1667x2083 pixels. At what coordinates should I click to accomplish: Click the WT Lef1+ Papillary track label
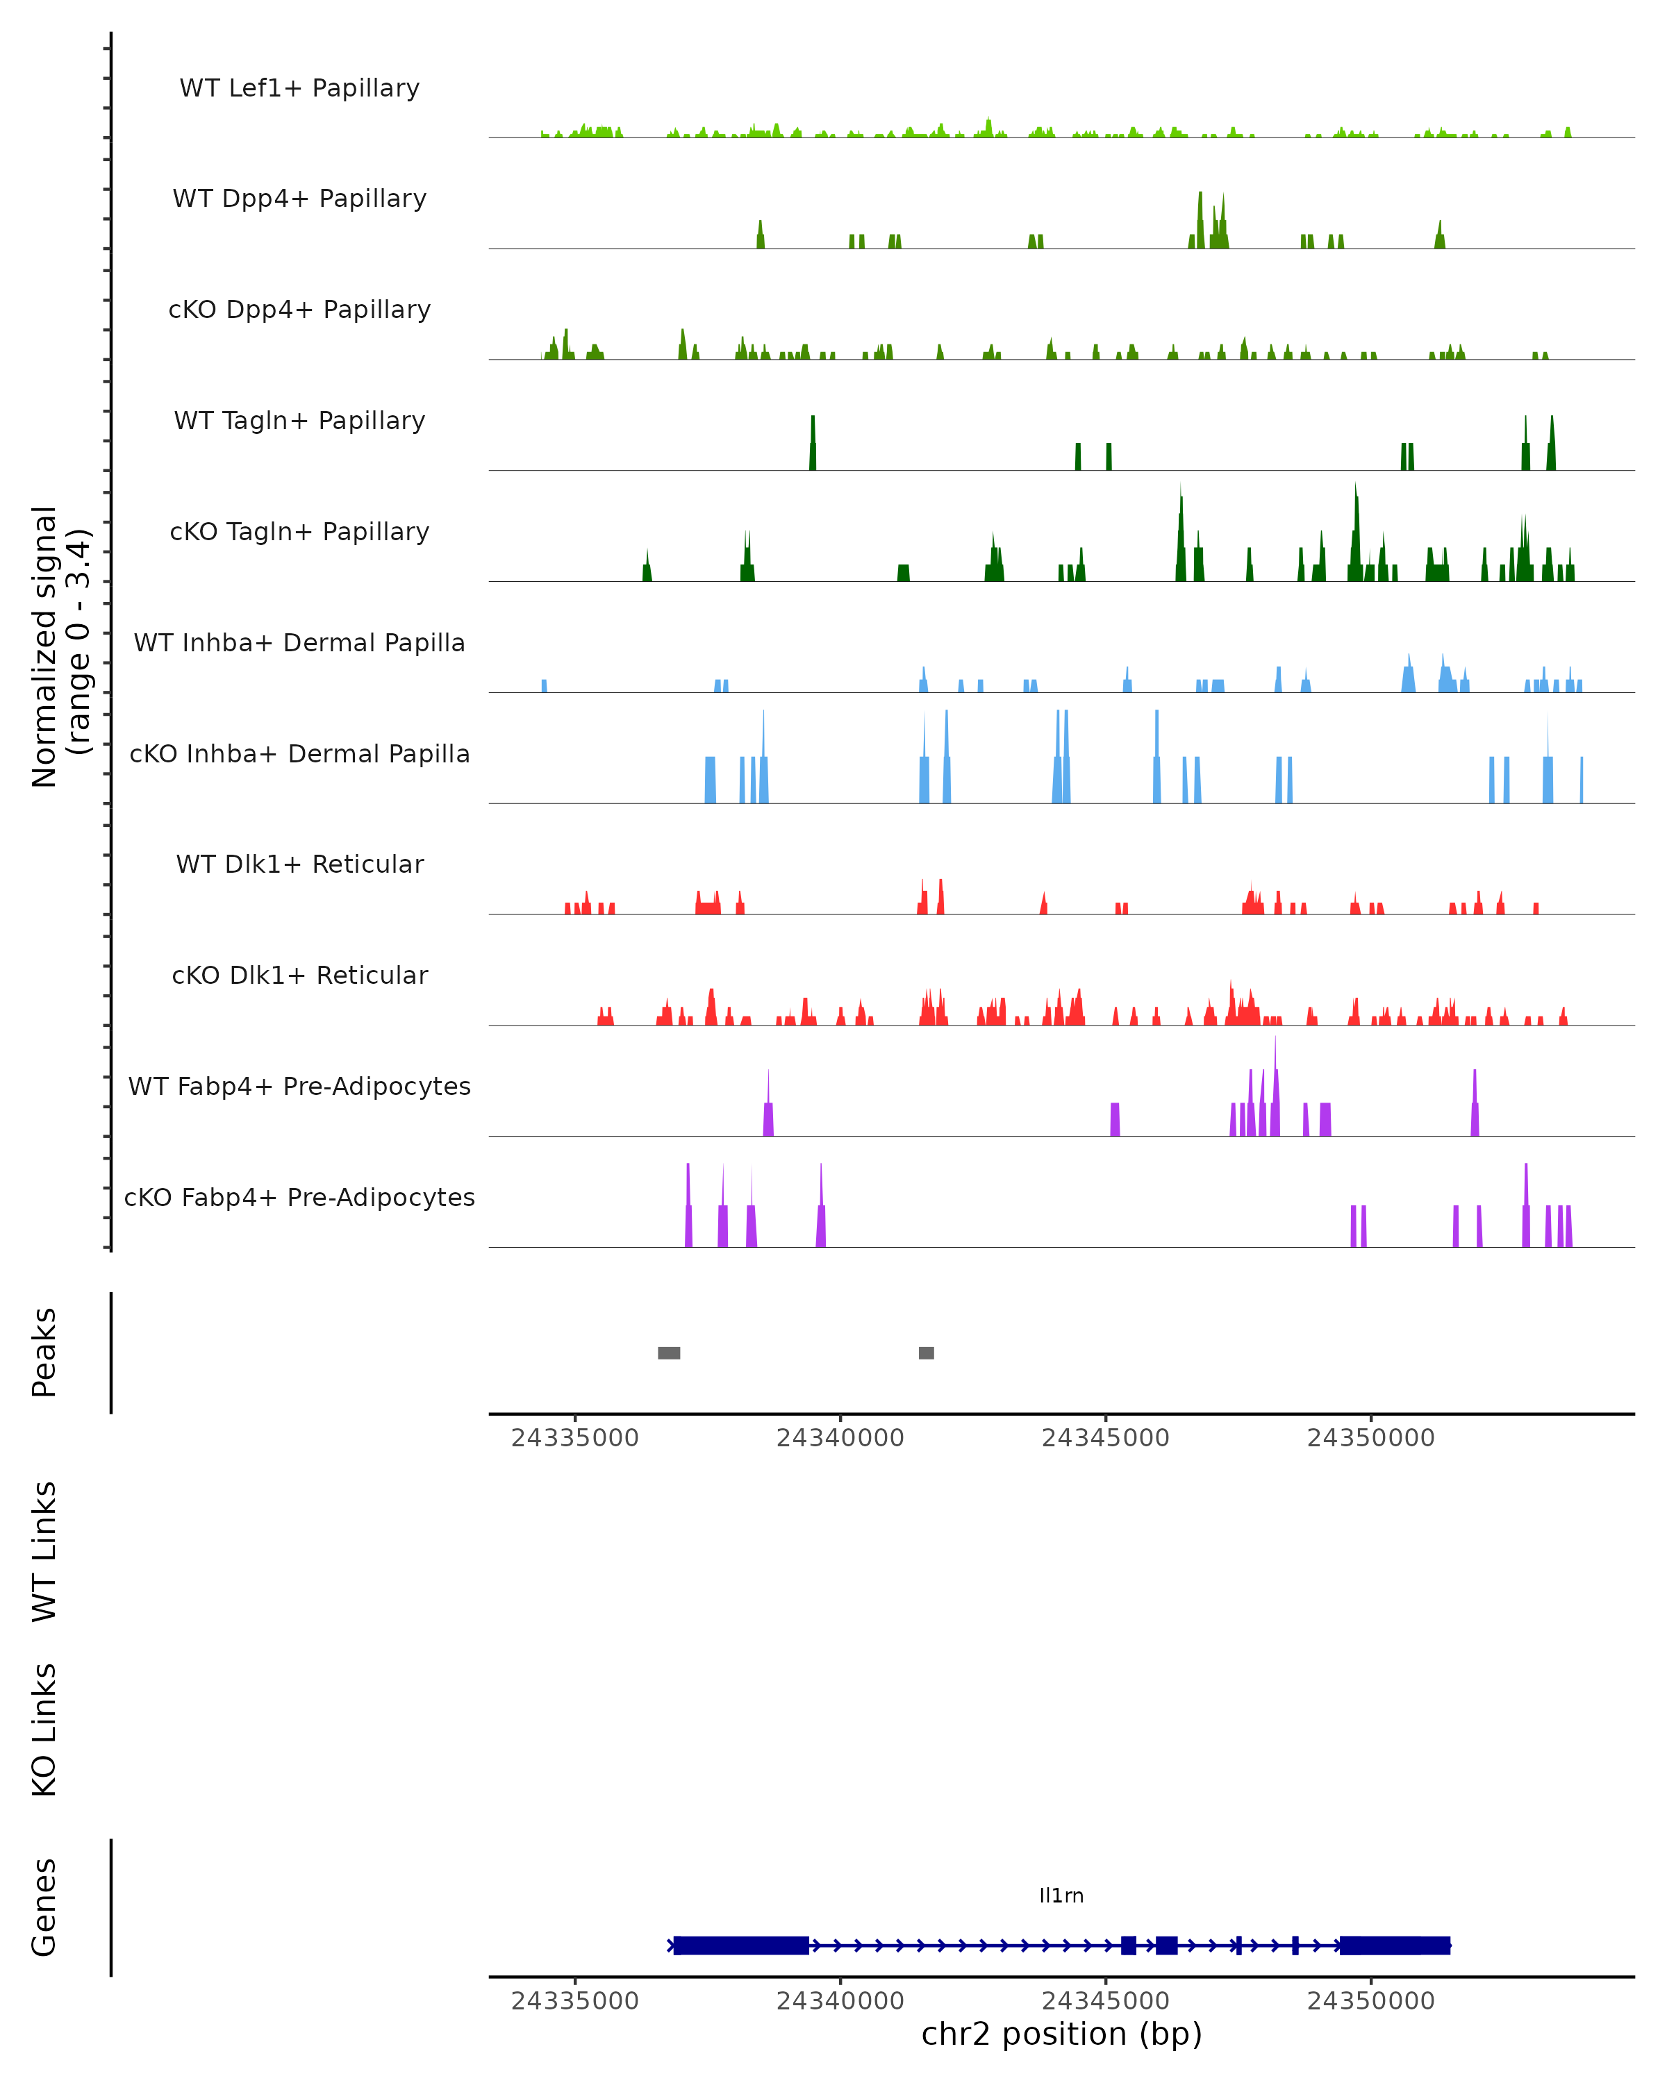[299, 88]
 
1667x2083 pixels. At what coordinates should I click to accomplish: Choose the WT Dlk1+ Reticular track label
[299, 864]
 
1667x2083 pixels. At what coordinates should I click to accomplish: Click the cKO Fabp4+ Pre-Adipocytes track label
[299, 1197]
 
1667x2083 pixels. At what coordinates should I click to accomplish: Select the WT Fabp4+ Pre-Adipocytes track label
[299, 1086]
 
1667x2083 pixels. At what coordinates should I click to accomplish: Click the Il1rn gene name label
[1061, 1896]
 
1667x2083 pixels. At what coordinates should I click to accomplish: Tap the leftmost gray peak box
[669, 1353]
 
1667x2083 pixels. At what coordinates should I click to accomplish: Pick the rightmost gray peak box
[926, 1353]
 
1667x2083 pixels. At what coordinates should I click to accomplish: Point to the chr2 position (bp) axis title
[1061, 2034]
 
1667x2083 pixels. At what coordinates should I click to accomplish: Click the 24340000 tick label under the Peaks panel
[840, 1438]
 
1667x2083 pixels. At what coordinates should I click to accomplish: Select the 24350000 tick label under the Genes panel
[1370, 2001]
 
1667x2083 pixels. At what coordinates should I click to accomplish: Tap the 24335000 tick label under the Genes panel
[575, 2001]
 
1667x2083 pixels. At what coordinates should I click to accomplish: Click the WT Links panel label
[44, 1550]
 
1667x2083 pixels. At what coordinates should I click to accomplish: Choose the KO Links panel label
[44, 1730]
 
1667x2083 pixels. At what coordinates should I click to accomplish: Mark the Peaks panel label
[44, 1353]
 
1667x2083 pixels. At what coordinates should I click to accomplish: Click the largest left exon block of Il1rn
[741, 1945]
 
